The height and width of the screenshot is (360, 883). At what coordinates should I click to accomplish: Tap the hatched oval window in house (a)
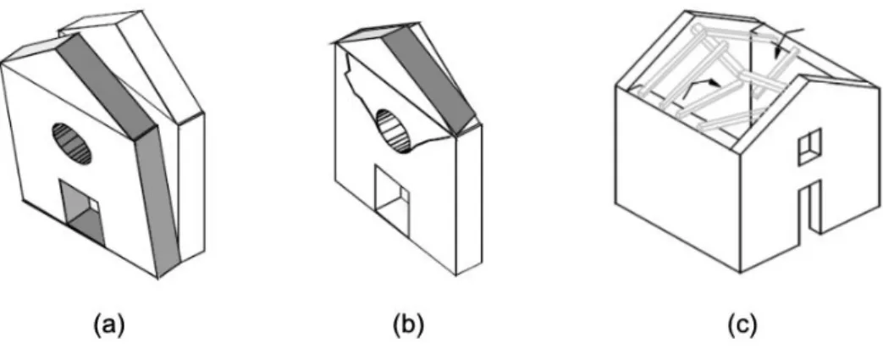(72, 144)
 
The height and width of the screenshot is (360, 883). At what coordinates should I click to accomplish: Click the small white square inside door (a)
(95, 205)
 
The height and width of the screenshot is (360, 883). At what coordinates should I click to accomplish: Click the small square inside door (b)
(404, 195)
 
